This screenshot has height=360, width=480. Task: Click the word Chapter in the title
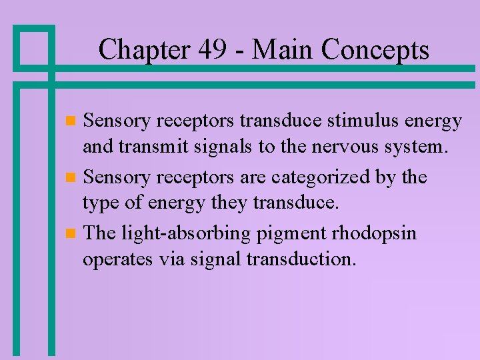(141, 49)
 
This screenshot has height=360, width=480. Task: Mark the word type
(101, 203)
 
